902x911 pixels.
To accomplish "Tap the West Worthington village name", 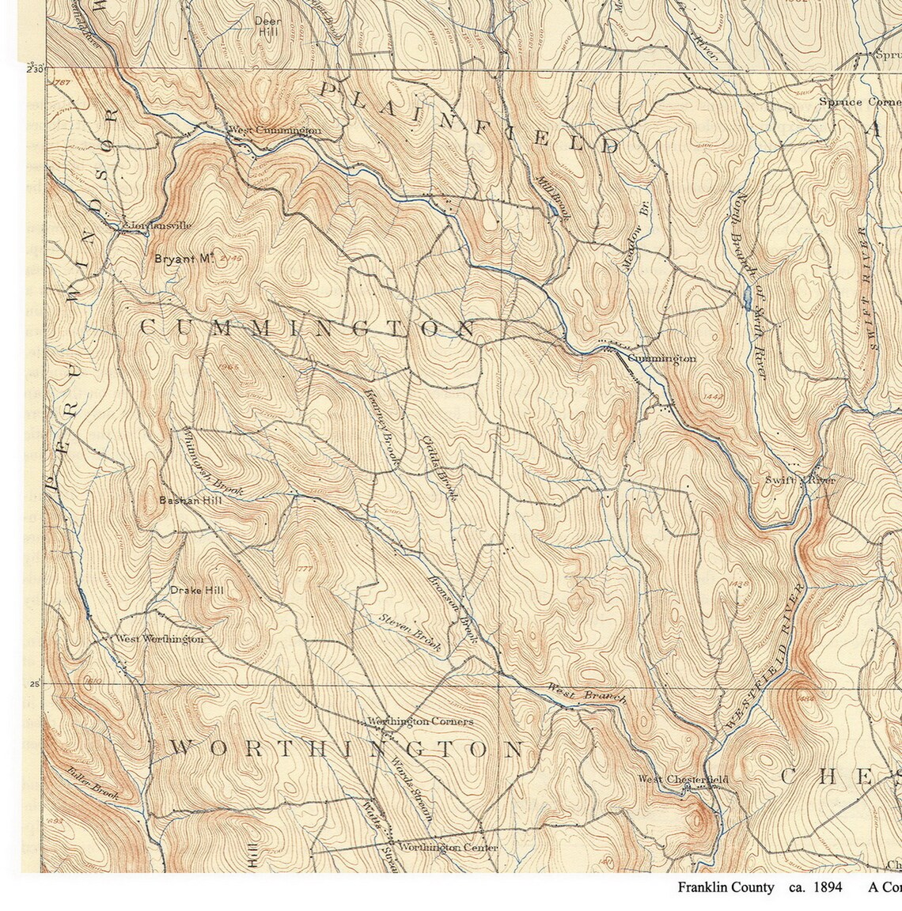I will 159,639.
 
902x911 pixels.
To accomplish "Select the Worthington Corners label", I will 420,721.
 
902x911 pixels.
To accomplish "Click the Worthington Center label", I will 448,848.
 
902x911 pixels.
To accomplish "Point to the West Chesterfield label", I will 683,780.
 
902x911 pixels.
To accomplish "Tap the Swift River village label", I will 799,480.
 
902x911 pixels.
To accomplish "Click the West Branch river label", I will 586,694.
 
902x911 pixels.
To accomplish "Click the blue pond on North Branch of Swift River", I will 747,298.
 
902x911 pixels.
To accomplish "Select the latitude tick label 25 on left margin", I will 35,684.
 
